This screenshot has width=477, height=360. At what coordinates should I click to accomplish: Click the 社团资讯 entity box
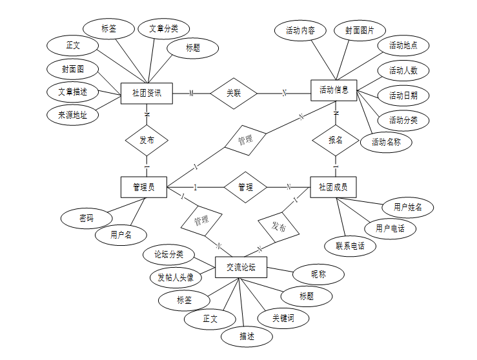148,94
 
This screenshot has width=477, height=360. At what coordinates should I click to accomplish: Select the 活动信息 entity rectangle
334,90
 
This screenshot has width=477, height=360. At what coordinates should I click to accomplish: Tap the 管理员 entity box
143,187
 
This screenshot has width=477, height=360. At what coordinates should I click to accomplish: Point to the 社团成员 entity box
333,187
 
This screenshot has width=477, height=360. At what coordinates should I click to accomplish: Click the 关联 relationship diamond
234,93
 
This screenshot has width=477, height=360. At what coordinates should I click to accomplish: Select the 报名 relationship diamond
336,139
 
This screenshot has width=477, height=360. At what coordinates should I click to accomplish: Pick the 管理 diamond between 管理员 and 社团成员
245,187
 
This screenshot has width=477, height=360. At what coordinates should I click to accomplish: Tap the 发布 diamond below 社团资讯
147,140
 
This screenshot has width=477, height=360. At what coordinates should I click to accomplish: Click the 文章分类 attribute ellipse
164,28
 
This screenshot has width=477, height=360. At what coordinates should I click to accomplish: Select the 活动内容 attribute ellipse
300,30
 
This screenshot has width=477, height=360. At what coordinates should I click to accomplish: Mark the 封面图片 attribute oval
360,30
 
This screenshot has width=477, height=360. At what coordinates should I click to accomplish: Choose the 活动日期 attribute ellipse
403,96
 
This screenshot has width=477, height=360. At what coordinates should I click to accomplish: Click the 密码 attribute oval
86,218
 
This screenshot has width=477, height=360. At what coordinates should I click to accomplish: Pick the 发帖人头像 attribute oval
176,278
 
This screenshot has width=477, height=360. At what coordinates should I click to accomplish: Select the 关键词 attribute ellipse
283,317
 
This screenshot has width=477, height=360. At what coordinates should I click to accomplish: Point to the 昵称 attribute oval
318,274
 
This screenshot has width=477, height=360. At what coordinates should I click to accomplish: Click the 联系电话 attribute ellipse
350,246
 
